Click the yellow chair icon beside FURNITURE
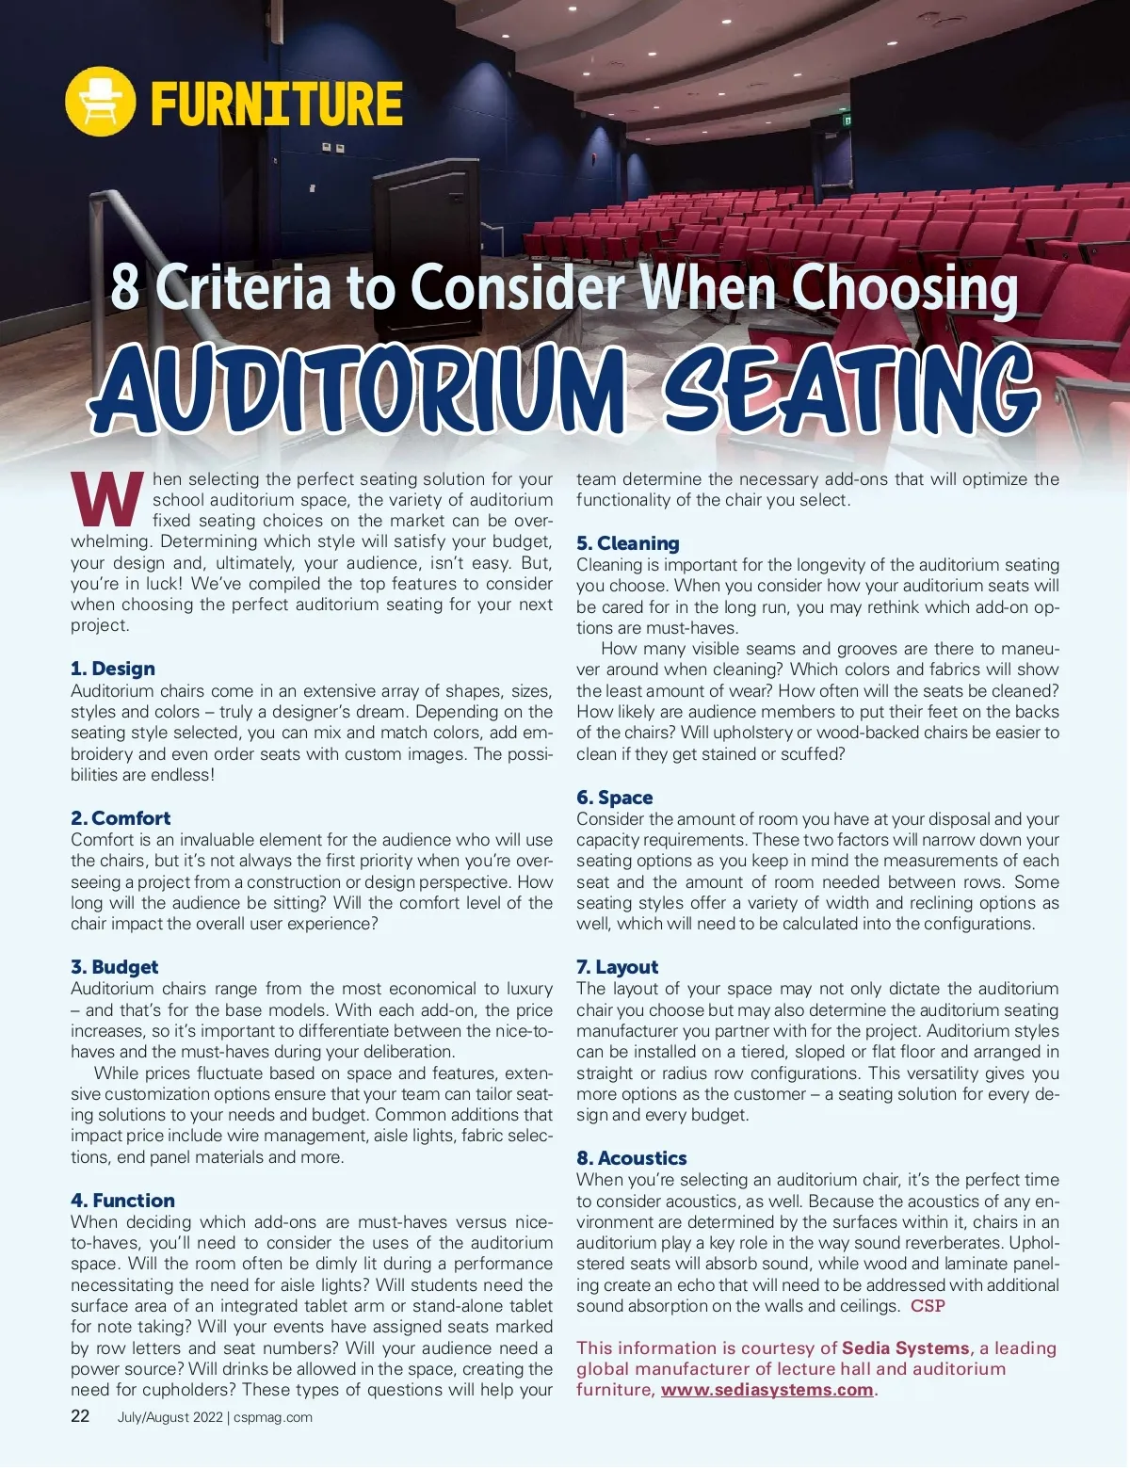pos(100,102)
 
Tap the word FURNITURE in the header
pos(276,104)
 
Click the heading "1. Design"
pos(113,669)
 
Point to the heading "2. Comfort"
pos(121,817)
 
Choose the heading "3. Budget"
pos(115,967)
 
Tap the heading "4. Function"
pos(122,1201)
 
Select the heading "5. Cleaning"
pos(627,543)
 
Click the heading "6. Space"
pos(614,798)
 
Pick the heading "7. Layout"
pos(617,967)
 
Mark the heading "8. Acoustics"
pos(631,1158)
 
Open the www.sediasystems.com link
pos(767,1390)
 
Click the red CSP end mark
pos(928,1306)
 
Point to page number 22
pos(81,1416)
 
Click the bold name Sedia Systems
pos(905,1348)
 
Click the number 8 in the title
pos(124,287)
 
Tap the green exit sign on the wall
pos(847,120)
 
